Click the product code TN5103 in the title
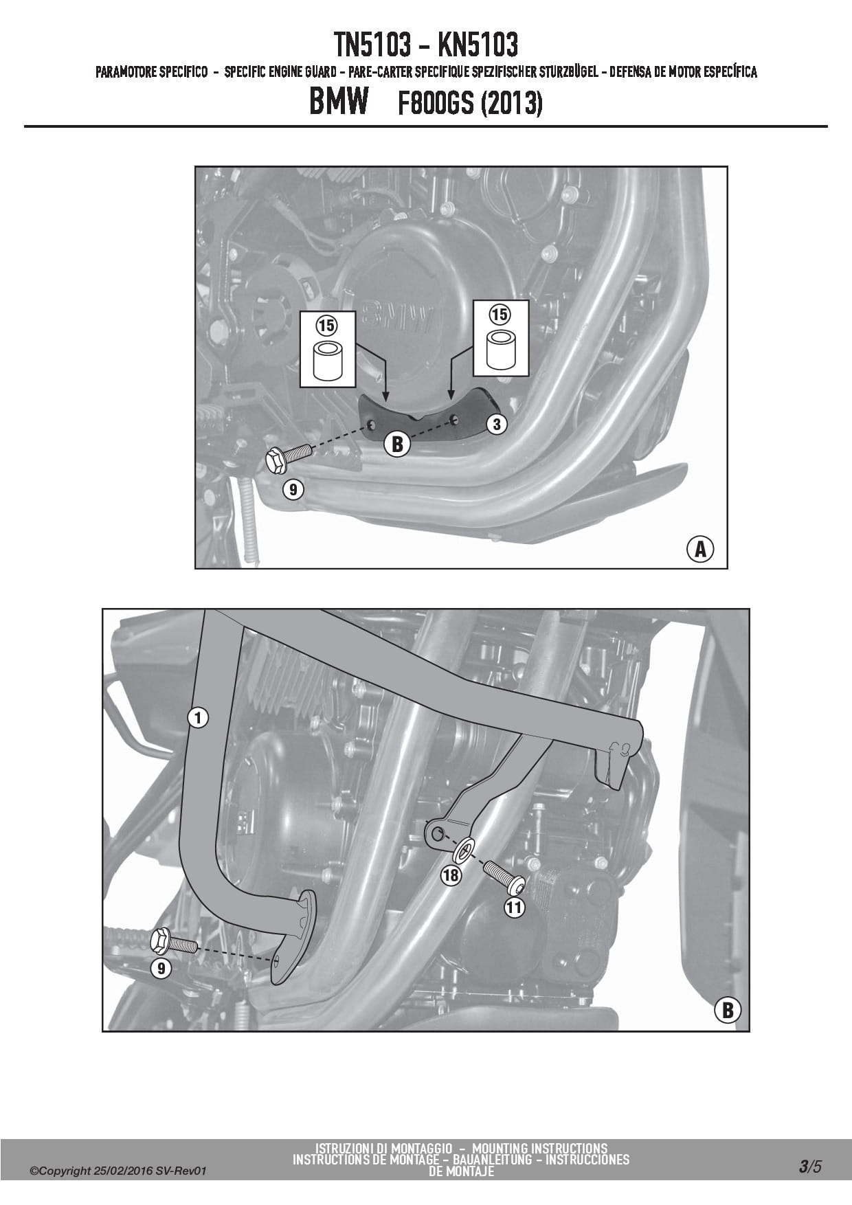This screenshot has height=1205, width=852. click(374, 45)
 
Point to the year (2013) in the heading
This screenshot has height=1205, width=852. click(512, 104)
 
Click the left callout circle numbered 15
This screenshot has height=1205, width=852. click(326, 325)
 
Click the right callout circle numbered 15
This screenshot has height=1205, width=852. click(500, 314)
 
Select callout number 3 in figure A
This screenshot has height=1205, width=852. click(497, 424)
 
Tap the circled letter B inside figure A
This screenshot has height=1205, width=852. click(396, 444)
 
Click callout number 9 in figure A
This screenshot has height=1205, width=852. click(293, 489)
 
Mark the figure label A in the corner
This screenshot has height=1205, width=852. click(700, 549)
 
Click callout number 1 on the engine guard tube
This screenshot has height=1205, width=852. click(198, 718)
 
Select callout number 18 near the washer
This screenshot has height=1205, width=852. click(451, 875)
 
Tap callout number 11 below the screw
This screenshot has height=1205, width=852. click(514, 908)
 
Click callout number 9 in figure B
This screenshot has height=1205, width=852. click(161, 968)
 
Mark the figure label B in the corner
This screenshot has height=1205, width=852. click(728, 1011)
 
